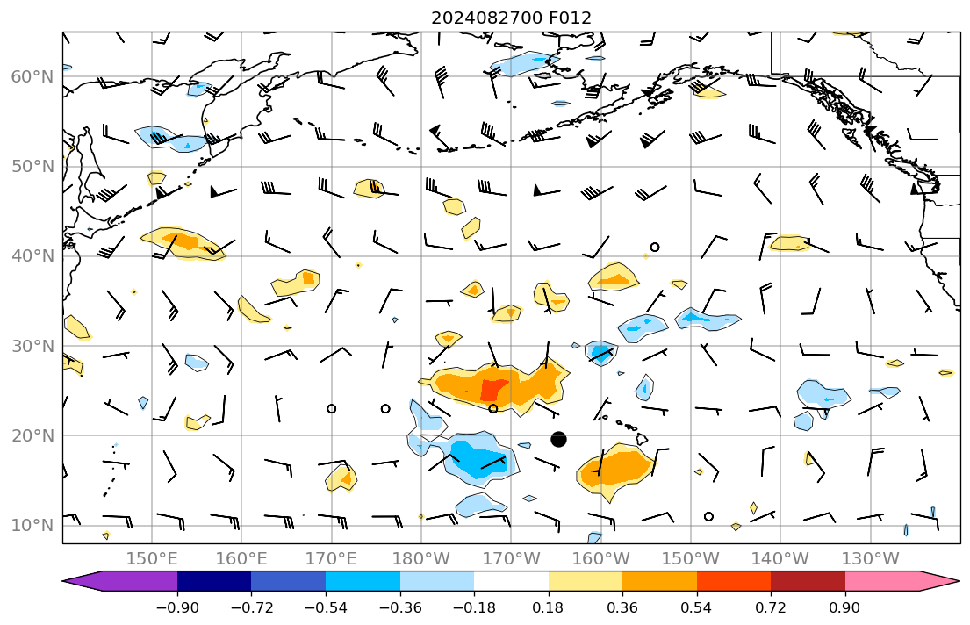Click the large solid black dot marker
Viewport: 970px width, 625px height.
[x=558, y=439]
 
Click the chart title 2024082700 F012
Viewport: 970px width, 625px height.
[x=511, y=18]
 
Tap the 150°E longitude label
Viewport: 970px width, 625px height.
[x=152, y=557]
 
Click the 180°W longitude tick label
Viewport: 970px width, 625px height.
[x=421, y=557]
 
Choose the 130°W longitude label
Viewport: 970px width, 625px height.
[x=870, y=557]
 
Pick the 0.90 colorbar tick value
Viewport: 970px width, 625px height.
[x=844, y=607]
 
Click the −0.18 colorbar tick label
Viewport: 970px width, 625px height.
[x=473, y=607]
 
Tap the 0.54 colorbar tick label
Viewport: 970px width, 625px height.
[x=696, y=607]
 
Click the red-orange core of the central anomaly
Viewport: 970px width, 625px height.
[x=493, y=389]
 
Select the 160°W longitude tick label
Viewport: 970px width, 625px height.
[x=600, y=557]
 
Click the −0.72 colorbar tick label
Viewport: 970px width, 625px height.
[x=250, y=607]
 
